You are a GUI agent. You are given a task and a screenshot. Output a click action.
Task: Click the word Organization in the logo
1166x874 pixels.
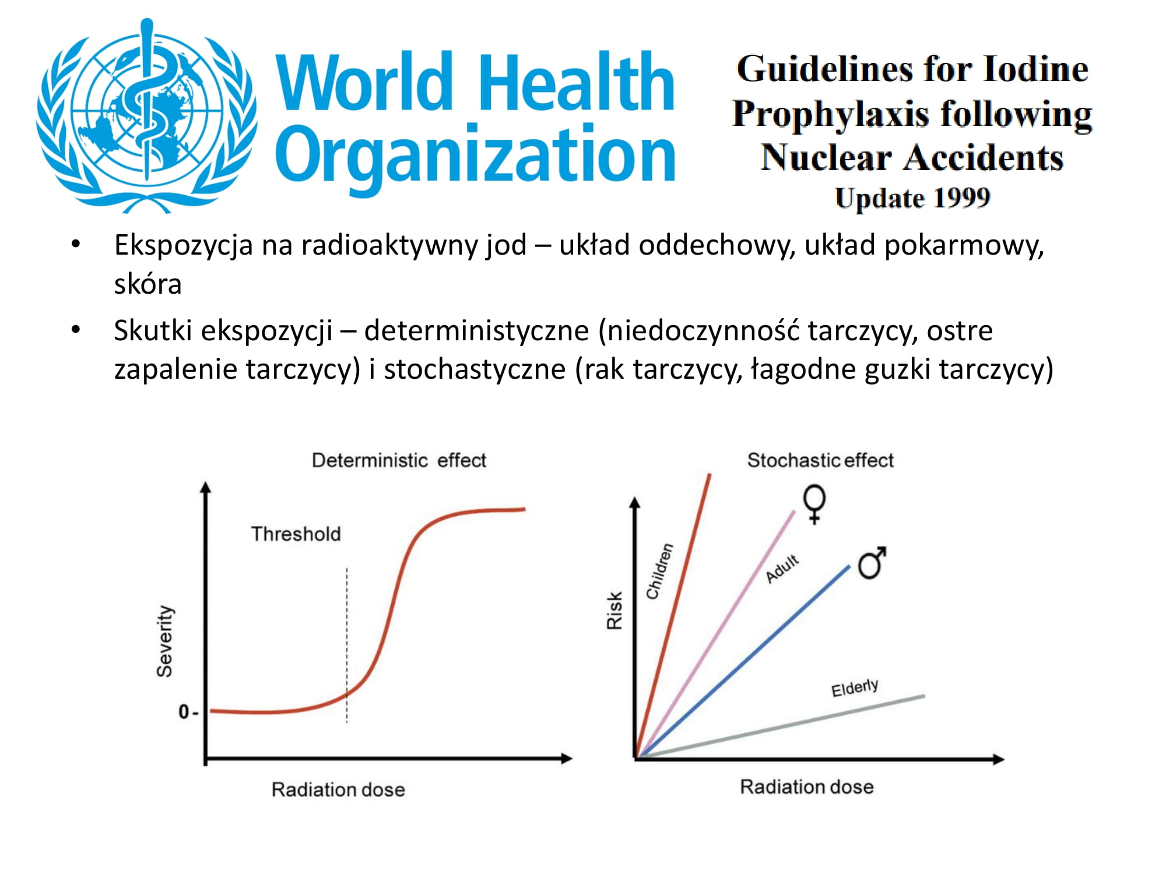pyautogui.click(x=475, y=154)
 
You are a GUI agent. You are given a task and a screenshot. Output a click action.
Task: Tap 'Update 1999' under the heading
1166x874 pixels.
pyautogui.click(x=912, y=198)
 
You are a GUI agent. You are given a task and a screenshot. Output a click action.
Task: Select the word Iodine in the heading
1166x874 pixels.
pyautogui.click(x=1035, y=69)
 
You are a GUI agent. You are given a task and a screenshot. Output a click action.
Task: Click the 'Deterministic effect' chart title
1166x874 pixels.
pyautogui.click(x=399, y=460)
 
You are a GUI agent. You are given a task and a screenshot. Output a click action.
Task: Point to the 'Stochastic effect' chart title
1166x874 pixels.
pyautogui.click(x=820, y=460)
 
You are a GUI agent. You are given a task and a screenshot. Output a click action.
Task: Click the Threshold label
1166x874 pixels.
pyautogui.click(x=296, y=534)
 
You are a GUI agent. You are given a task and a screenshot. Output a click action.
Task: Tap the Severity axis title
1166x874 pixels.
pyautogui.click(x=165, y=641)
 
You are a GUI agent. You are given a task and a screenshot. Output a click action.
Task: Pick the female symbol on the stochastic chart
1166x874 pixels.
pyautogui.click(x=814, y=504)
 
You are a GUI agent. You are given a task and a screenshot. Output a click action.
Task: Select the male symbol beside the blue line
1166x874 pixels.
pyautogui.click(x=872, y=562)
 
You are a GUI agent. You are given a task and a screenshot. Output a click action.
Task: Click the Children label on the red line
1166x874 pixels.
pyautogui.click(x=659, y=571)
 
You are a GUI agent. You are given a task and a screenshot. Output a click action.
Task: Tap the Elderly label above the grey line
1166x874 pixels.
pyautogui.click(x=855, y=688)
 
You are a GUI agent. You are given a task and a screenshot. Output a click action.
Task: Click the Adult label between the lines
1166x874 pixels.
pyautogui.click(x=782, y=569)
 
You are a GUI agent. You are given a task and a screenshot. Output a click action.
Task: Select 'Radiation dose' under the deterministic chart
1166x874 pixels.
pyautogui.click(x=338, y=790)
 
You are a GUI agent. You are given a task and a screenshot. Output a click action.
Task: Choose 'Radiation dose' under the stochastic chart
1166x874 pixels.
pyautogui.click(x=807, y=787)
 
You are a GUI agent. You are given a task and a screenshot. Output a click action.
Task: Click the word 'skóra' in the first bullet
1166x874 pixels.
pyautogui.click(x=147, y=284)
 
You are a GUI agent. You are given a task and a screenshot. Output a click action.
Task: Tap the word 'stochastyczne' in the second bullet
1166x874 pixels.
pyautogui.click(x=475, y=369)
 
